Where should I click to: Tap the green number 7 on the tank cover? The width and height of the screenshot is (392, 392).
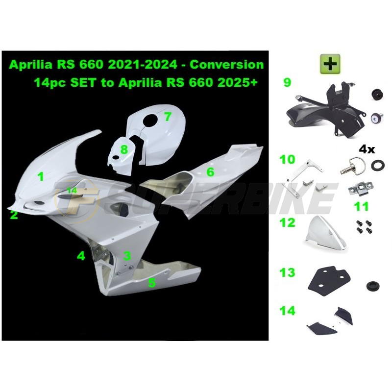168,116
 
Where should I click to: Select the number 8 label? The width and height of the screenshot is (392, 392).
124,149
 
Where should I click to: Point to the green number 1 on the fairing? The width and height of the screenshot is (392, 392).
41,176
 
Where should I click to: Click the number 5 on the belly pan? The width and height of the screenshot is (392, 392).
152,282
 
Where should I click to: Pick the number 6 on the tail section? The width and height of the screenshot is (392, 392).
210,171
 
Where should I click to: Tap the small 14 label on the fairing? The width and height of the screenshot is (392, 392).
72,190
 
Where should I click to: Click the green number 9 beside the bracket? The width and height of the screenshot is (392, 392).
287,82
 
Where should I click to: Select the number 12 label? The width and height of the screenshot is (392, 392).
288,222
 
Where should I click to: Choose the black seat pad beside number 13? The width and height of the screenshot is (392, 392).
327,277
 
